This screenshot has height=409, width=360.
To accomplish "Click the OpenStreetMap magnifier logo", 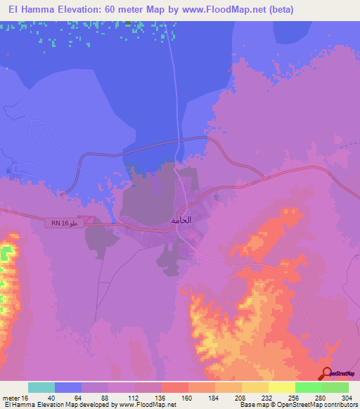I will (327, 374).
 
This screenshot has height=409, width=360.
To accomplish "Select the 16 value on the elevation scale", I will (25, 397).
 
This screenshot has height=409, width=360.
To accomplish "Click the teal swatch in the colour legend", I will (41, 387).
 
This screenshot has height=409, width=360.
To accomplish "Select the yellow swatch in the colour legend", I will (281, 387).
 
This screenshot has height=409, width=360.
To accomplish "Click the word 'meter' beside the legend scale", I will (10, 397).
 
